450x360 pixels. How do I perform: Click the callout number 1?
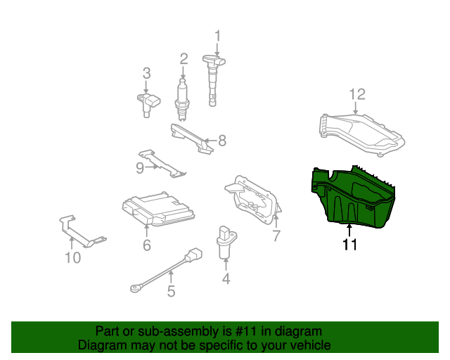pyautogui.click(x=217, y=35)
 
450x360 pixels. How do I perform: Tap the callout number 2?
pyautogui.click(x=184, y=58)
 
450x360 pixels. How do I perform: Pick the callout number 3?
pyautogui.click(x=146, y=72)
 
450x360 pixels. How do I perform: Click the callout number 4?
pyautogui.click(x=225, y=279)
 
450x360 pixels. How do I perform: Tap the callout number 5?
pyautogui.click(x=171, y=291)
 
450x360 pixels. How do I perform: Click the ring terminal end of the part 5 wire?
pyautogui.click(x=134, y=286)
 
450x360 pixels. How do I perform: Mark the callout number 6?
pyautogui.click(x=146, y=245)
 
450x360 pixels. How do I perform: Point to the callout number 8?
pyautogui.click(x=222, y=141)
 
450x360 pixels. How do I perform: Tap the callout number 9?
pyautogui.click(x=139, y=167)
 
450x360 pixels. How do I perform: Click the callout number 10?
pyautogui.click(x=73, y=258)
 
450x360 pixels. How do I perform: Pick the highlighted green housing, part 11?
pyautogui.click(x=354, y=197)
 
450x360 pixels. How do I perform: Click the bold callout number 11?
pyautogui.click(x=349, y=245)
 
